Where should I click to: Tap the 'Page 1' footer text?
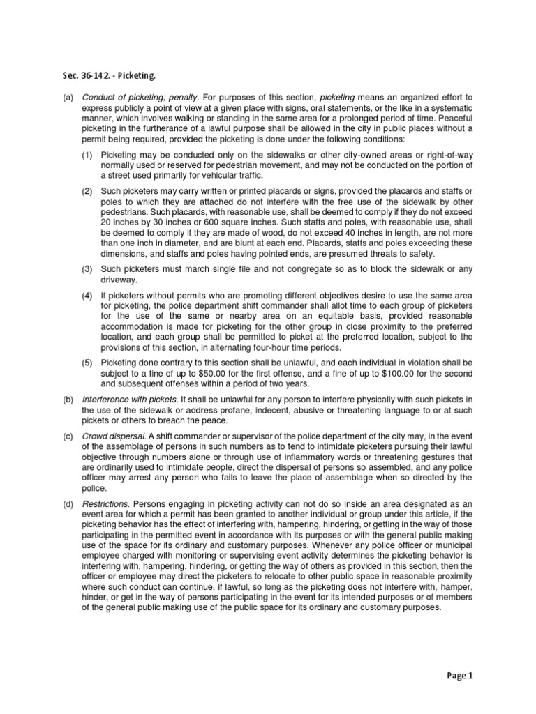[460, 676]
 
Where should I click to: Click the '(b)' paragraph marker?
[68, 399]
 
